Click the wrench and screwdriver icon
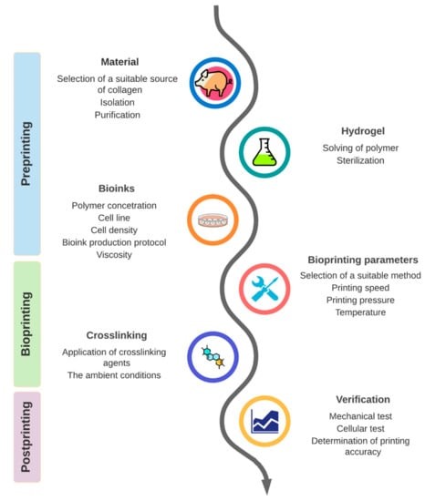coord(264,287)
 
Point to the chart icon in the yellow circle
coord(264,421)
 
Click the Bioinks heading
coord(101,189)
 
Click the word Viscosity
coord(101,255)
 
